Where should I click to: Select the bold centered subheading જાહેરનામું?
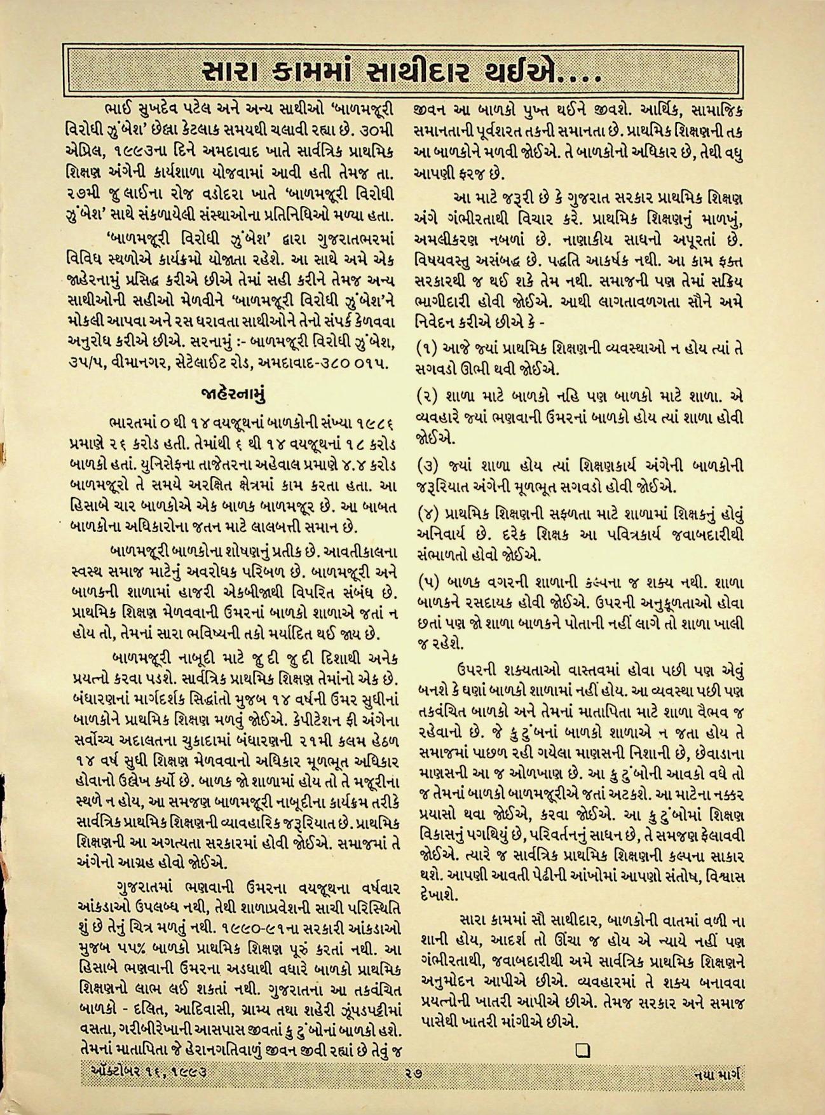coord(233,393)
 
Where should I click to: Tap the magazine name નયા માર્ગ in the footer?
coord(719,1091)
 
